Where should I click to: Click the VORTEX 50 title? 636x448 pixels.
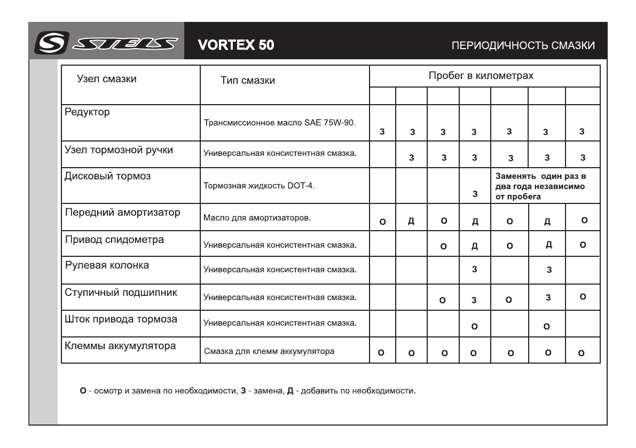235,45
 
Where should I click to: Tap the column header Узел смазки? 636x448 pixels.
107,79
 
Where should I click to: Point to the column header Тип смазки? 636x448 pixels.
248,81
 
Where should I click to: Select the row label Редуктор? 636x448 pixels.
87,112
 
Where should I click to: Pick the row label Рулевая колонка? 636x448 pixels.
99,265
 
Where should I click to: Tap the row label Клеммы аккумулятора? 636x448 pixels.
120,345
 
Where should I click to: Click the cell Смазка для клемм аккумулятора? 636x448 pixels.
270,351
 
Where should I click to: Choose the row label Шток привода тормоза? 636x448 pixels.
121,319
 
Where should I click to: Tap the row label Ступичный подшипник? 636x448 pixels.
121,292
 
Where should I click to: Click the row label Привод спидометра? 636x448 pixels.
114,240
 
